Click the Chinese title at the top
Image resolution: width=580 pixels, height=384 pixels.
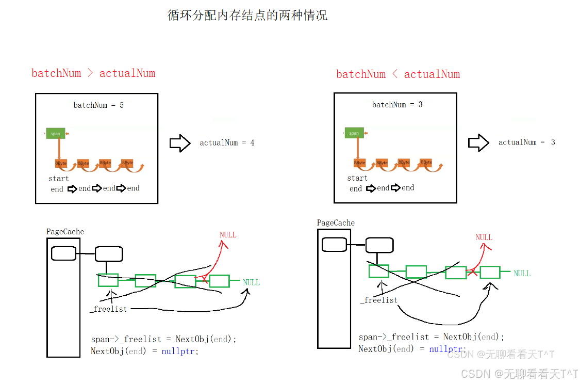(247, 15)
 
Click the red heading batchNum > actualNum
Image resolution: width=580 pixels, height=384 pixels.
(93, 73)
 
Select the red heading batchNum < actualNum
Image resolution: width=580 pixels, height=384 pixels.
(397, 74)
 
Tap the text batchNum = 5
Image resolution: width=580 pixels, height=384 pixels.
(98, 105)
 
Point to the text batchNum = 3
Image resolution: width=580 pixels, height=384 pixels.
(397, 105)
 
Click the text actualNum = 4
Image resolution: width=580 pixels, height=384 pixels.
(227, 143)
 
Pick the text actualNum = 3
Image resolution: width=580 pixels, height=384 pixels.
(526, 142)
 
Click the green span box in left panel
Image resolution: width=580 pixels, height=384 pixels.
(55, 134)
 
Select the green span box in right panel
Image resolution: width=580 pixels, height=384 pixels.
(354, 133)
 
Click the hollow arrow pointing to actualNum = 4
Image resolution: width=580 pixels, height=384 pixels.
(180, 143)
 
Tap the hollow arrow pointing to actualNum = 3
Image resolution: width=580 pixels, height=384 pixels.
(478, 143)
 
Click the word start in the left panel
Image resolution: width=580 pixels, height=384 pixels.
(59, 179)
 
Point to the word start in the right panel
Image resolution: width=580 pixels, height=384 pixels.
(357, 178)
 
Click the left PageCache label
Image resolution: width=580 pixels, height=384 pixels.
(65, 232)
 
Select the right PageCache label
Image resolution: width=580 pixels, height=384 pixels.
(336, 223)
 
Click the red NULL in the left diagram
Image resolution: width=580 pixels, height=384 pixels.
(228, 235)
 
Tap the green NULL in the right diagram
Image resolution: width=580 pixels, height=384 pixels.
(522, 274)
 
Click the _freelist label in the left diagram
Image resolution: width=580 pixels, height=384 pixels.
(108, 309)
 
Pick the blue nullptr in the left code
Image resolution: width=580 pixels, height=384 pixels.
(179, 351)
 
